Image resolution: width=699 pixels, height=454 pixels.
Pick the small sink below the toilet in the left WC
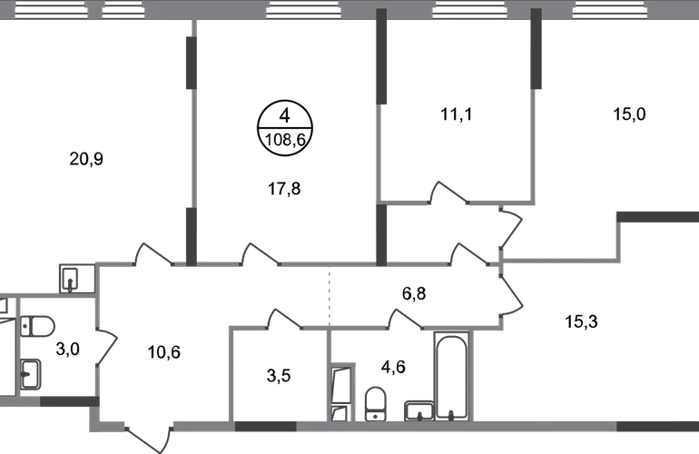32,374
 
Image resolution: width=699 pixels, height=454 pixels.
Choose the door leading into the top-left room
154,255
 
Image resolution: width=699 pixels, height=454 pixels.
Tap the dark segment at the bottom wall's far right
657,428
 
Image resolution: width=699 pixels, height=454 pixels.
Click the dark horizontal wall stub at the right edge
657,218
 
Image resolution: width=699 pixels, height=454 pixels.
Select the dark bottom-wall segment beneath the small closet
266,428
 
